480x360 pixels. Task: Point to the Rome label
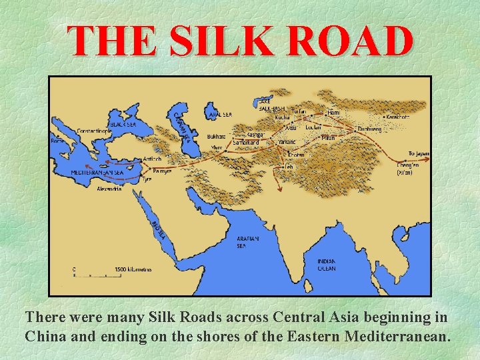coord(59,141)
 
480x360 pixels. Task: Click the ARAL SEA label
coord(219,115)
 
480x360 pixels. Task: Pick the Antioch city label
coord(152,159)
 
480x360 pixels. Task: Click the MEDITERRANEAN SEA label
coord(97,172)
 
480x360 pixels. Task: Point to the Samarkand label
coord(245,142)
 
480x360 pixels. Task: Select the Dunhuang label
coord(369,129)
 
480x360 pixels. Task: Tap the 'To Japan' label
coord(419,153)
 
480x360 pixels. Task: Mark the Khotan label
coord(296,154)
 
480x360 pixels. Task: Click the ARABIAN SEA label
coord(248,241)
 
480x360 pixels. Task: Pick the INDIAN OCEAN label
coord(327,264)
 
